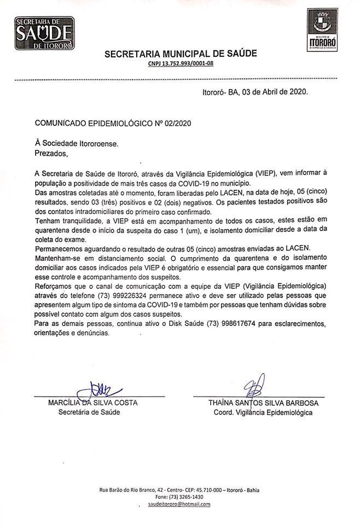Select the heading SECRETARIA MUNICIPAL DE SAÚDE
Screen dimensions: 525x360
[180, 54]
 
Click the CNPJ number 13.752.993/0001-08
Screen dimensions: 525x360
[180, 64]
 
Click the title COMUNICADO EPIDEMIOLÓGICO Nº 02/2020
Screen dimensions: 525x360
[114, 124]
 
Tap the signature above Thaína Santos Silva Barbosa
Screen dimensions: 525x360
[256, 387]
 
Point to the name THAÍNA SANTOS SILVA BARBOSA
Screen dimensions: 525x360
[263, 403]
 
